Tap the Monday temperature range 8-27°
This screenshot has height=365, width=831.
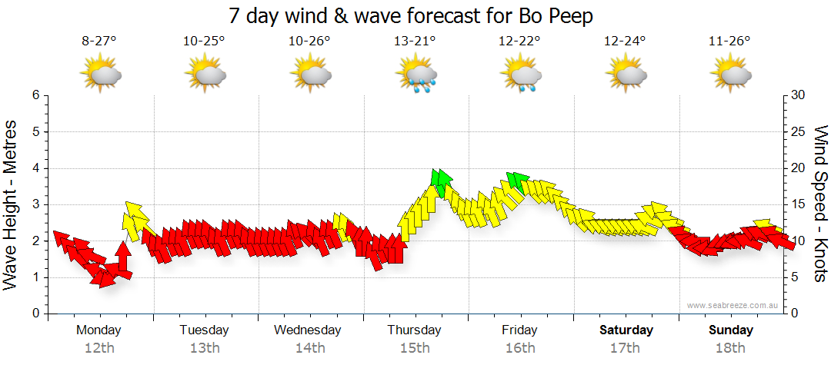(x=99, y=41)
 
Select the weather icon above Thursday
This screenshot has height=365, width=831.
(x=415, y=75)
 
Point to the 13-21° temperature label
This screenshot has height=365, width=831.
(x=415, y=41)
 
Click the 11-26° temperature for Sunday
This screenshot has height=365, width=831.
(x=730, y=41)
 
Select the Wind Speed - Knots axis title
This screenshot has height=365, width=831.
(x=820, y=204)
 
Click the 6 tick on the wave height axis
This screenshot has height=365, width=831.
(x=34, y=95)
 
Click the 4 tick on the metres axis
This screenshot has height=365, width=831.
(x=34, y=168)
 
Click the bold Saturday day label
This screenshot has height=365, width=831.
(x=626, y=330)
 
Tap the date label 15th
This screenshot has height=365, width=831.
(x=415, y=347)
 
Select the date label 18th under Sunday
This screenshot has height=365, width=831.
(x=730, y=347)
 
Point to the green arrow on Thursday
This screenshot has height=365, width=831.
(x=441, y=181)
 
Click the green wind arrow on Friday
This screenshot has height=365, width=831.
(x=518, y=181)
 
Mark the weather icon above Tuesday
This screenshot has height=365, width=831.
(x=205, y=75)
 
